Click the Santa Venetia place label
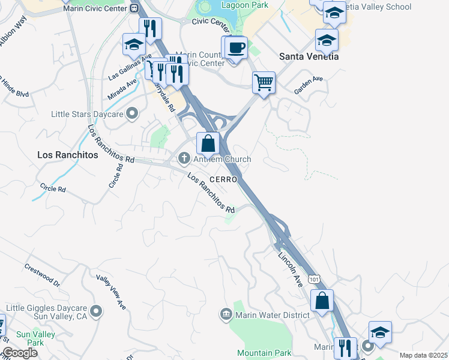click(x=309, y=56)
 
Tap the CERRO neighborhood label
click(x=224, y=179)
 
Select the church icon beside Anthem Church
click(x=184, y=159)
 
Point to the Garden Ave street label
click(x=309, y=85)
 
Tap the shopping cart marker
click(x=264, y=82)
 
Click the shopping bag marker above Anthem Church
click(x=208, y=143)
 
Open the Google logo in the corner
click(x=19, y=353)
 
